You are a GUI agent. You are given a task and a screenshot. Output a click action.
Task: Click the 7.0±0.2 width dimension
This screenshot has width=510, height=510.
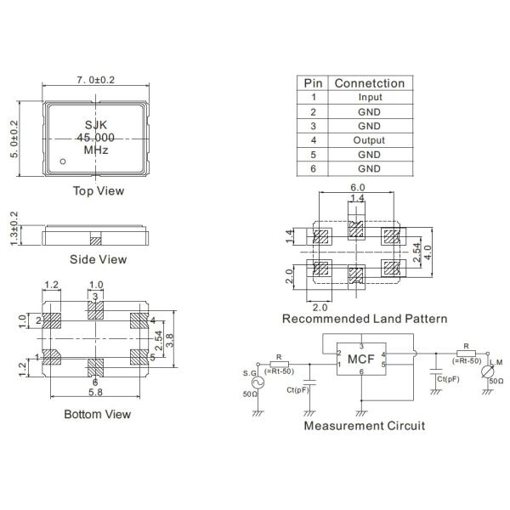coord(97,80)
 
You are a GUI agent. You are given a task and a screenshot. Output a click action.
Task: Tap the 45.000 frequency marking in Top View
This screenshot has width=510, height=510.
coord(96,138)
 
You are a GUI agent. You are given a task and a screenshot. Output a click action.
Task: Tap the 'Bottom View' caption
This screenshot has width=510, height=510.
coord(97,414)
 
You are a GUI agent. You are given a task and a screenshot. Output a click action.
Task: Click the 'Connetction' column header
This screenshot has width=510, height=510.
coord(369,83)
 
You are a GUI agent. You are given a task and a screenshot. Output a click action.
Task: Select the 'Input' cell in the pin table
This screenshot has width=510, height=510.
coord(369,98)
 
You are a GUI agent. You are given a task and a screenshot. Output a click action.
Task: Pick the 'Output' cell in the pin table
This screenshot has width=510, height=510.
coord(369,140)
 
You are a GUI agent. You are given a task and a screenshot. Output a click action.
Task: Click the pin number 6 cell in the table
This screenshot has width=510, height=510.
coord(313,168)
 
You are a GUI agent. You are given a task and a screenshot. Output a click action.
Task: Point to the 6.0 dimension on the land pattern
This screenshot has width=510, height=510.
coord(357,187)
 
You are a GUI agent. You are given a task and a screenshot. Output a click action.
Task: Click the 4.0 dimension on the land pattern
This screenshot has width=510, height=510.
coord(429,252)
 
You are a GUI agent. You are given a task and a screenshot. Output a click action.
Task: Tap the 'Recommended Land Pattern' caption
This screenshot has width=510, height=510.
coord(365,319)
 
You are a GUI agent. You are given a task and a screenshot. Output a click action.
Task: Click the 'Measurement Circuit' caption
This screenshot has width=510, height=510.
coord(364,425)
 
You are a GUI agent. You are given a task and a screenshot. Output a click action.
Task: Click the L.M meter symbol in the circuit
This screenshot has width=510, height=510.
coord(488,373)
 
